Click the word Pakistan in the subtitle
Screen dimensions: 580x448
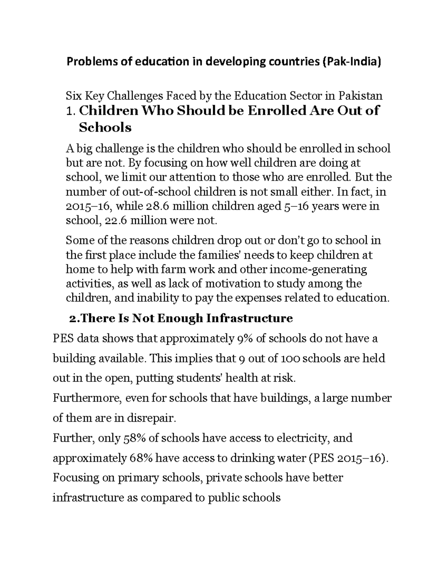[x=360, y=96]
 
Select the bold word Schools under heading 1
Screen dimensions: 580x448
[x=105, y=128]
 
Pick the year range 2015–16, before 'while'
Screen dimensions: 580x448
[x=81, y=206]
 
